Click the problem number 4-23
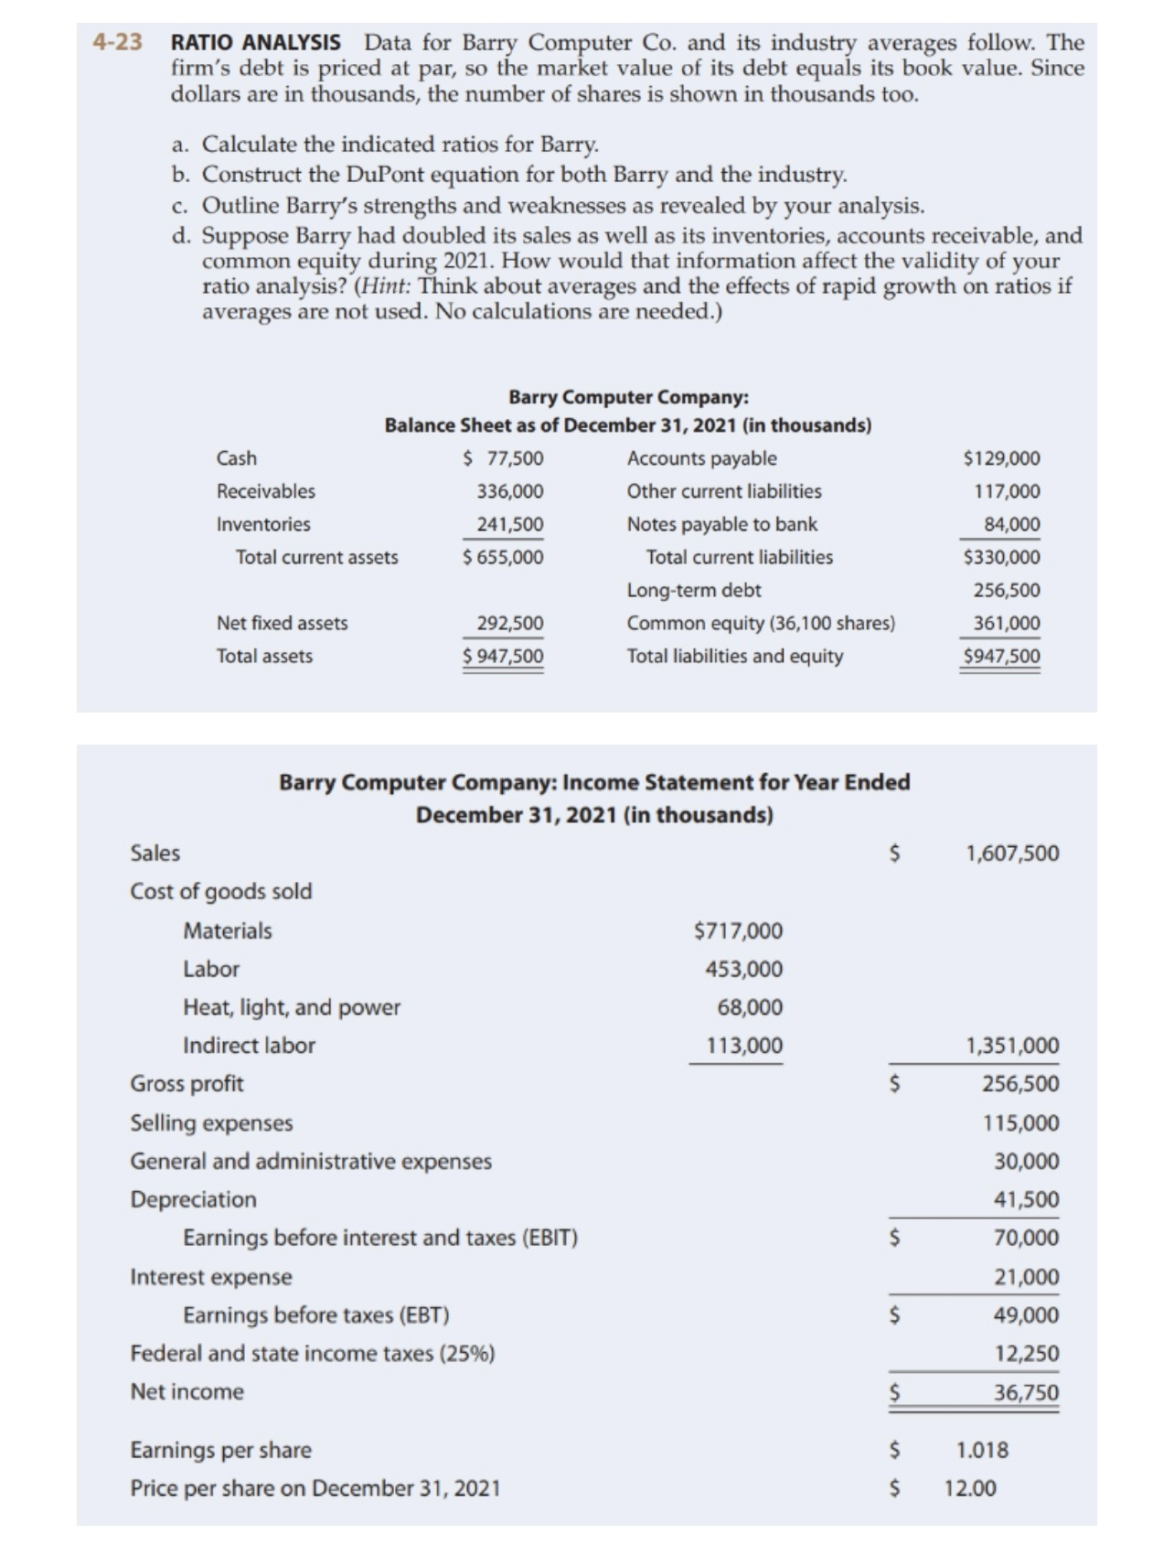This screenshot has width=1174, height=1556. tap(118, 43)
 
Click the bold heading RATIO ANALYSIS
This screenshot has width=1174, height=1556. tap(256, 43)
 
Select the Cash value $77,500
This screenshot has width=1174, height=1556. tap(504, 458)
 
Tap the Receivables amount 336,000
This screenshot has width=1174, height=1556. tap(510, 491)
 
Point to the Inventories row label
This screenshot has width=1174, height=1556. tap(263, 524)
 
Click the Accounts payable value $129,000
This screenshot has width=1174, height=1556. tap(1002, 458)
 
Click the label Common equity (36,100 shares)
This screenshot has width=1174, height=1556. tap(761, 623)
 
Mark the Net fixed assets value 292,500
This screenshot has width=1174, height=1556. tap(510, 623)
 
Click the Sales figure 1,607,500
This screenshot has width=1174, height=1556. tap(1012, 853)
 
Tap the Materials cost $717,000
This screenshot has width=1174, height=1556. tap(739, 931)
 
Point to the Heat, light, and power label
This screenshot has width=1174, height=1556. tap(292, 1007)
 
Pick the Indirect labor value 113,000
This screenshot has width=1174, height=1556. tap(744, 1046)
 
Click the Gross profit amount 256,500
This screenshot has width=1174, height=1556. tap(1020, 1084)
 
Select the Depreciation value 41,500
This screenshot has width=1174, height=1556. tap(1027, 1199)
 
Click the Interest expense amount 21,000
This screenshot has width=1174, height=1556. tap(1027, 1276)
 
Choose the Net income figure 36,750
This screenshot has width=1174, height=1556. tap(1027, 1392)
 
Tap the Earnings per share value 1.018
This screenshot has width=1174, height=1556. tap(983, 1450)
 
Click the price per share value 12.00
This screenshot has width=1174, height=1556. tap(971, 1488)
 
